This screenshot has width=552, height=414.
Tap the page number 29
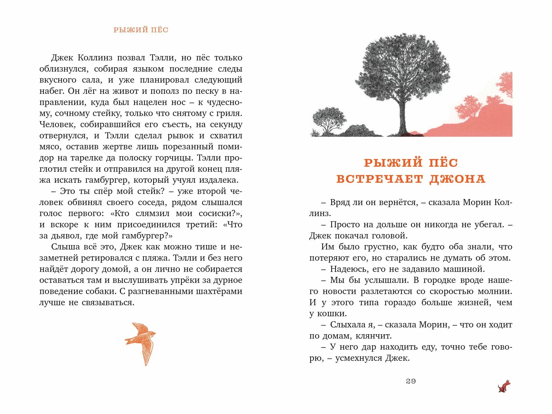(x=411, y=381)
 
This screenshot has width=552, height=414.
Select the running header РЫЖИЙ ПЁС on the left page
(x=141, y=30)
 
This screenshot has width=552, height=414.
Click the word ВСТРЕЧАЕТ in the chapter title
(x=380, y=179)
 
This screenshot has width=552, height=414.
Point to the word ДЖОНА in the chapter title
(x=457, y=179)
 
